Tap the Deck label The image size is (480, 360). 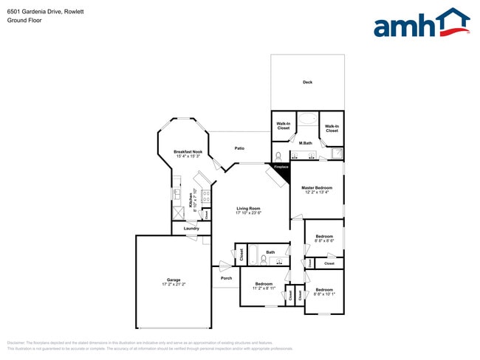tap(307, 82)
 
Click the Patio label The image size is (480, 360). tap(240, 148)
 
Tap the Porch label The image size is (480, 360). tap(226, 278)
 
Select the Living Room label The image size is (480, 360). tap(249, 208)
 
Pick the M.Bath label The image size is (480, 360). tap(306, 142)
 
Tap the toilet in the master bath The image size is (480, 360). tap(278, 156)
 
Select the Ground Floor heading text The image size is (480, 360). tap(24, 21)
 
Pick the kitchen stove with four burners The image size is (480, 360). tap(206, 197)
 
